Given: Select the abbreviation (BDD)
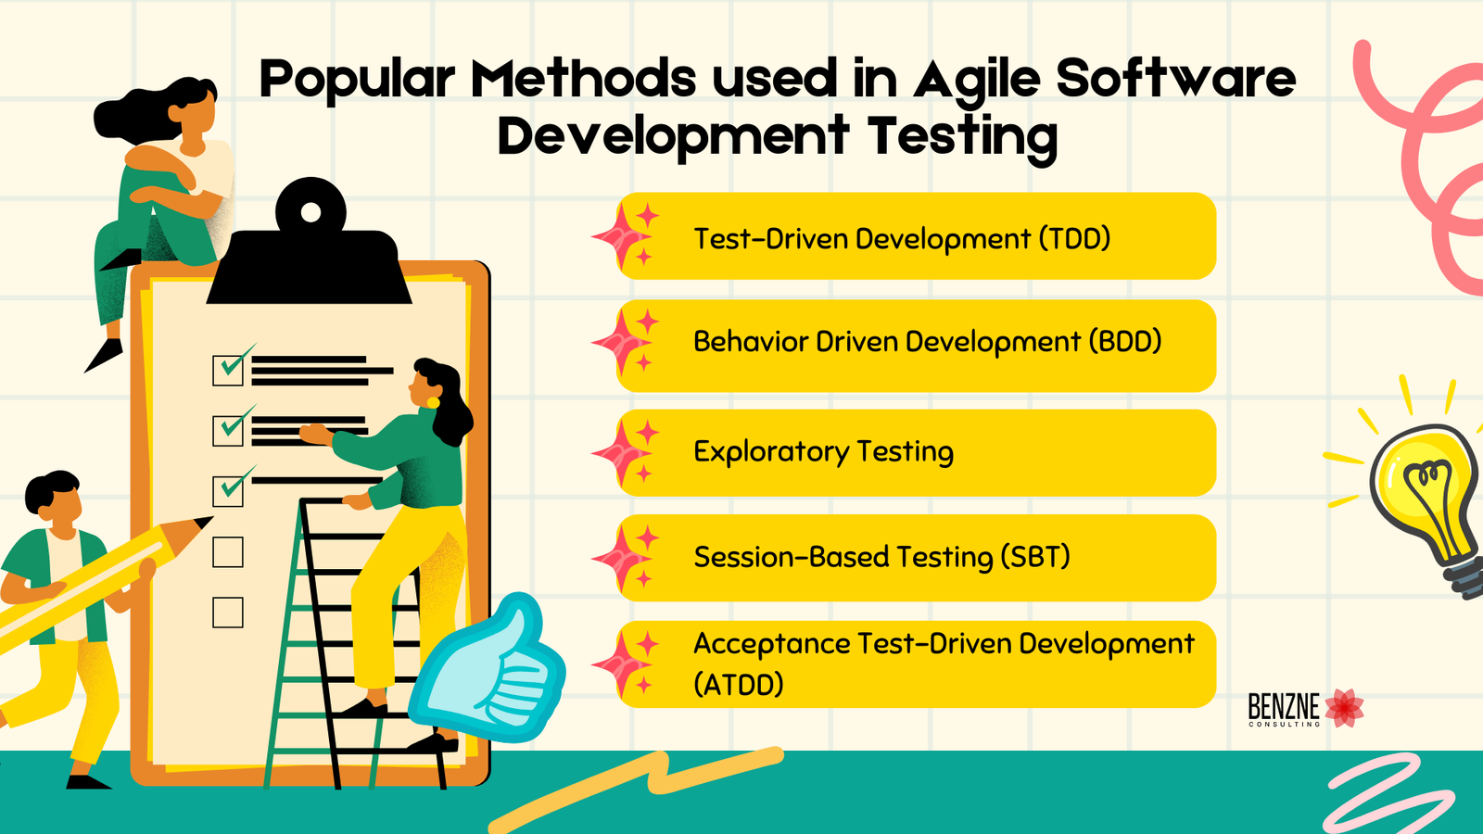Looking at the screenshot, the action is pyautogui.click(x=1125, y=342).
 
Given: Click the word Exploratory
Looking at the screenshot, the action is pyautogui.click(x=771, y=452).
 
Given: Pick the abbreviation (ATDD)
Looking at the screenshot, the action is pyautogui.click(x=739, y=684).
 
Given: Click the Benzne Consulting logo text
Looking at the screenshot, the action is pyautogui.click(x=1284, y=709).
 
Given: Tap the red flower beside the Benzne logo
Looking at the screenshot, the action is pyautogui.click(x=1344, y=708).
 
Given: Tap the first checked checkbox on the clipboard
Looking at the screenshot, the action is pyautogui.click(x=228, y=370).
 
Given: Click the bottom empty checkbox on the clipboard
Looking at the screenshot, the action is pyautogui.click(x=228, y=613).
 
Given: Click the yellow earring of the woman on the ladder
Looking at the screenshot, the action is pyautogui.click(x=432, y=402).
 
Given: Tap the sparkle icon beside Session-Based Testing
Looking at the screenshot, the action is pyautogui.click(x=626, y=558).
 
